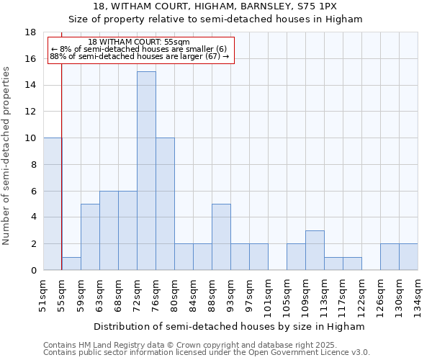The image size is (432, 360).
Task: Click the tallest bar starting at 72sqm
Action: (146, 171)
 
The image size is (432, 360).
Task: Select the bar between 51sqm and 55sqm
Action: (53, 204)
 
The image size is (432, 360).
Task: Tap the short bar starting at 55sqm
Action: (71, 264)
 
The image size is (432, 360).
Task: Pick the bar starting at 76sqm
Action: (165, 204)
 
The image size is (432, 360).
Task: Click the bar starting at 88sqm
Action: (221, 237)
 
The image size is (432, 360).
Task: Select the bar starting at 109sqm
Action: (315, 250)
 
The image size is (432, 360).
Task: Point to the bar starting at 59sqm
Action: (90, 237)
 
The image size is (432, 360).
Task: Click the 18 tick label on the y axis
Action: (30, 32)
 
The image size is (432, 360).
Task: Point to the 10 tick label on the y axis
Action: (30, 138)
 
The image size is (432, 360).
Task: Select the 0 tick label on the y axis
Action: (33, 270)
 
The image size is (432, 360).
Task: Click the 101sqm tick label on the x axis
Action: (268, 294)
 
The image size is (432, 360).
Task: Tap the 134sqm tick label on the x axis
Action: (418, 294)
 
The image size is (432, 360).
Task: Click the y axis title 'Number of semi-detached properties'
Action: (7, 156)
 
